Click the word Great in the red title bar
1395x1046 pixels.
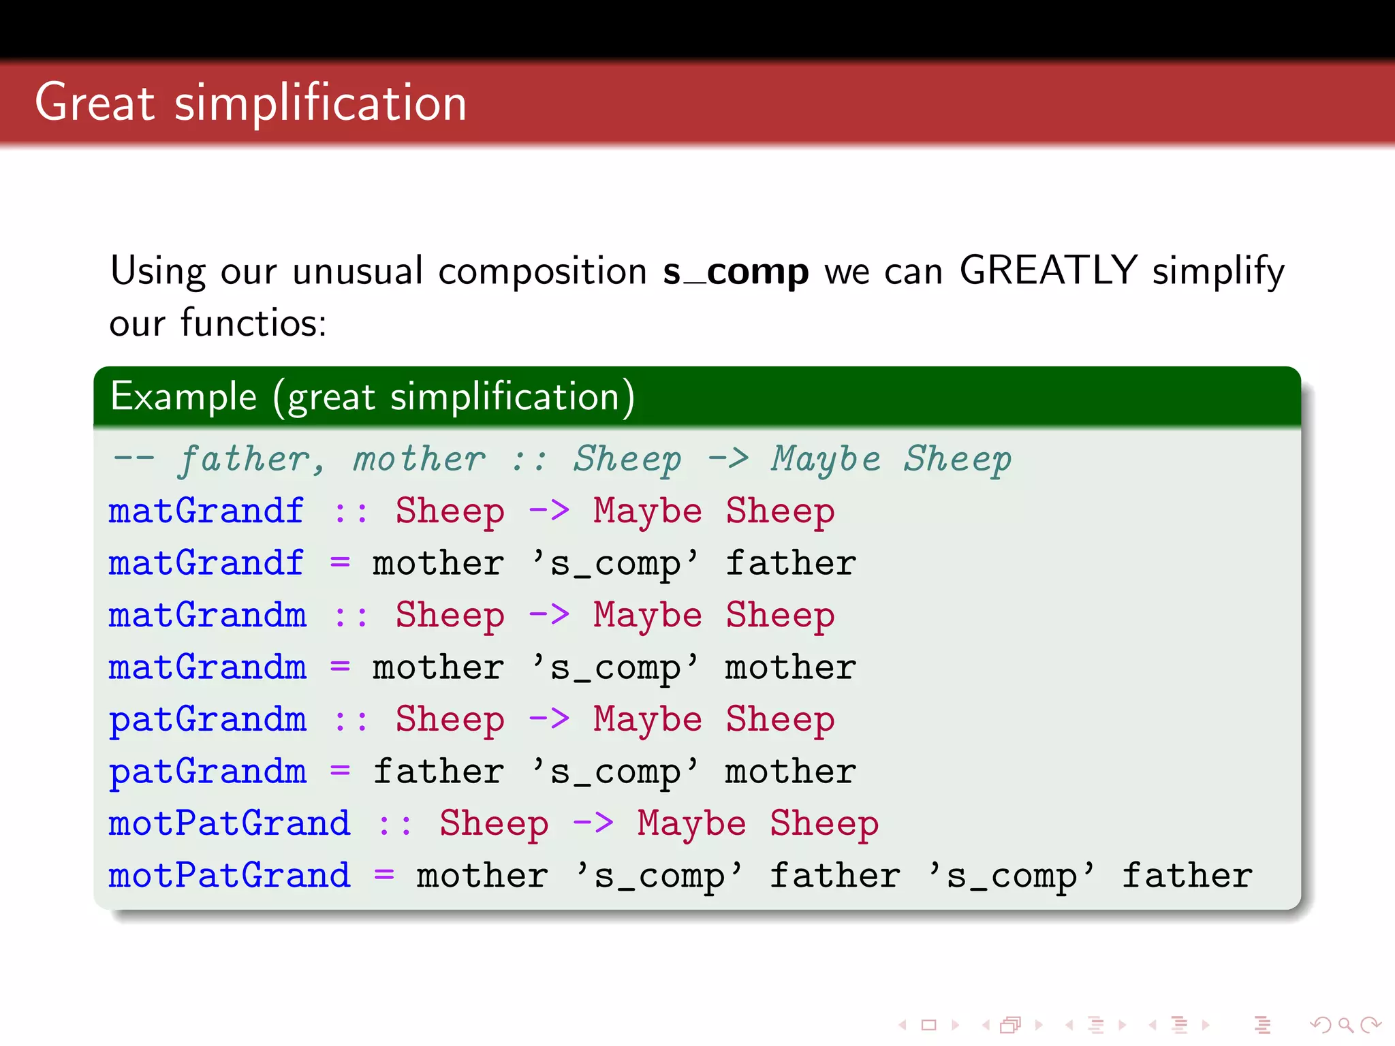point(95,103)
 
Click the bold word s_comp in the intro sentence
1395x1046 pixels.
point(736,272)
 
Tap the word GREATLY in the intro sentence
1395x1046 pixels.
point(1048,270)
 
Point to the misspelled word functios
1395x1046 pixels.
point(253,323)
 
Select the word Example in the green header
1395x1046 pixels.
point(184,396)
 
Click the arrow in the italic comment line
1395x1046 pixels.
point(728,459)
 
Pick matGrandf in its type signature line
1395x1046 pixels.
point(206,511)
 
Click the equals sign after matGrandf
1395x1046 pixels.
point(340,563)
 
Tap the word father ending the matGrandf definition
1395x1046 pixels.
point(790,563)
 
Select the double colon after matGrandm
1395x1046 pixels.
point(351,616)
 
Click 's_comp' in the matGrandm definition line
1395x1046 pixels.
point(615,668)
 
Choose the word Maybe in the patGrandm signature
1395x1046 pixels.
point(647,720)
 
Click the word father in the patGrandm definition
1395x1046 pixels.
point(438,772)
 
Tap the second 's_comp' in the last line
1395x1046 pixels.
point(1012,876)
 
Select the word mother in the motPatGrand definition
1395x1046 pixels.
point(482,876)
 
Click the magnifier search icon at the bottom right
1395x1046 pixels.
point(1345,1025)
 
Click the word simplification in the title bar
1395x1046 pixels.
point(320,103)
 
